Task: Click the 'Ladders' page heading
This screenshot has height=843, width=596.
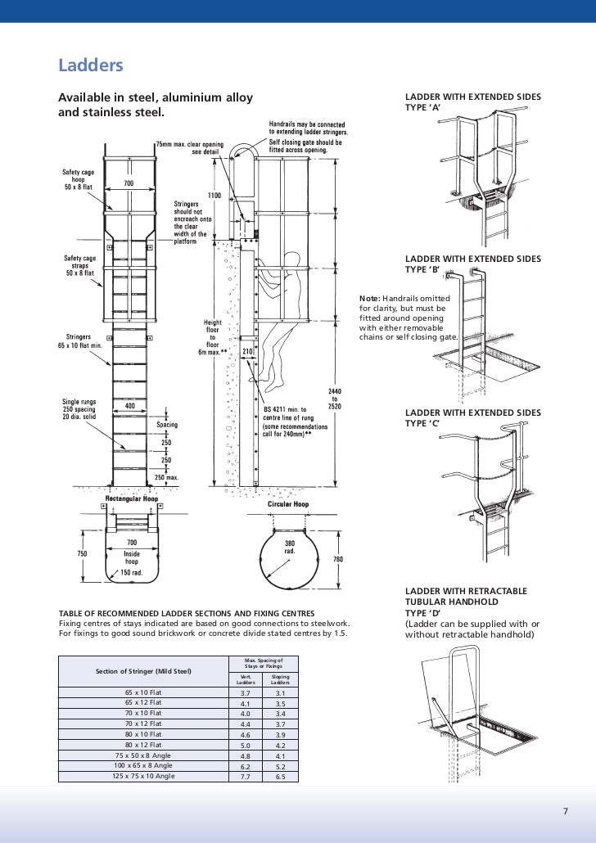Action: click(x=90, y=64)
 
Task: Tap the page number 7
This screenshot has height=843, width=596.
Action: click(x=564, y=812)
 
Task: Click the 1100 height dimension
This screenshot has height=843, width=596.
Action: click(x=215, y=196)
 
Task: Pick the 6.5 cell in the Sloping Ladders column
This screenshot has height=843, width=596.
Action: click(x=281, y=776)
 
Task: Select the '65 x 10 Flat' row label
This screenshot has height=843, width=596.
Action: click(x=144, y=692)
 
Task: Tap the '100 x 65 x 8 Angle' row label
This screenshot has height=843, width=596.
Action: click(x=144, y=765)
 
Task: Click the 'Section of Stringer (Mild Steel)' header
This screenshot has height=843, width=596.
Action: click(x=144, y=672)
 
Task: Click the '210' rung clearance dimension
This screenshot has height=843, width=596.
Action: click(x=247, y=350)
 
